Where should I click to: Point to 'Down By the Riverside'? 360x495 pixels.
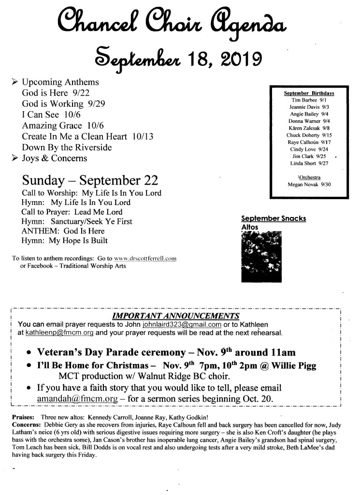67,147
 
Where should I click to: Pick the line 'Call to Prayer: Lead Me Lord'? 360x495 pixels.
72,212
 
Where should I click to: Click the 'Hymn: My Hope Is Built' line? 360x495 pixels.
65,241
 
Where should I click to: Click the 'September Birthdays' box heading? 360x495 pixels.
309,93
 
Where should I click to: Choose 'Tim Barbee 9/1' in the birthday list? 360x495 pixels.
309,100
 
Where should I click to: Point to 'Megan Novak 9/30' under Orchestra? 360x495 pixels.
308,185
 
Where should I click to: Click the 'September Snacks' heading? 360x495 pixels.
273,218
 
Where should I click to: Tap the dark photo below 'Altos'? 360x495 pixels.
261,257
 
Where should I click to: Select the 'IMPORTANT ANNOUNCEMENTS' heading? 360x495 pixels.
175,316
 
